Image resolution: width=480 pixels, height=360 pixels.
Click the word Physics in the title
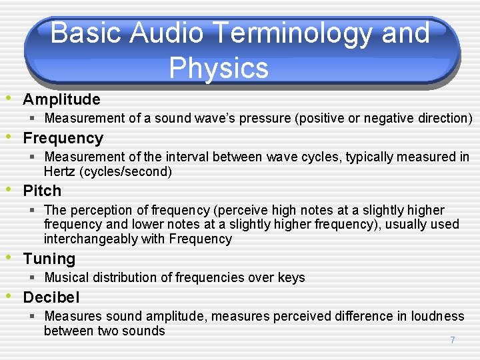(x=219, y=69)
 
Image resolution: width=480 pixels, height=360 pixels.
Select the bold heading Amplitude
(x=61, y=99)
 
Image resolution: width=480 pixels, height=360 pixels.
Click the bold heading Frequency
(x=63, y=139)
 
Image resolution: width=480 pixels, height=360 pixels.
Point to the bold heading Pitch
(x=42, y=191)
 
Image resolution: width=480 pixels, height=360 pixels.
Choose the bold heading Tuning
(x=49, y=259)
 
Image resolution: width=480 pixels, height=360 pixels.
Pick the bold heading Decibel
(x=51, y=297)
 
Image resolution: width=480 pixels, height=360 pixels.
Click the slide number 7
(x=453, y=340)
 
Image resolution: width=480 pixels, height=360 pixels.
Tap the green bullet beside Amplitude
(x=8, y=98)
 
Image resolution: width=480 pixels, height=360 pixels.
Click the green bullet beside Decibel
(x=8, y=296)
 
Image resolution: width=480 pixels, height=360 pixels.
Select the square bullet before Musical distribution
(x=32, y=277)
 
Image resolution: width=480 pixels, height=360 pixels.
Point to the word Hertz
(x=59, y=171)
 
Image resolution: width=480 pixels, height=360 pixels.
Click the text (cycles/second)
(x=125, y=172)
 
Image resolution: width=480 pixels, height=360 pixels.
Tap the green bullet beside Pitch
(x=8, y=189)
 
